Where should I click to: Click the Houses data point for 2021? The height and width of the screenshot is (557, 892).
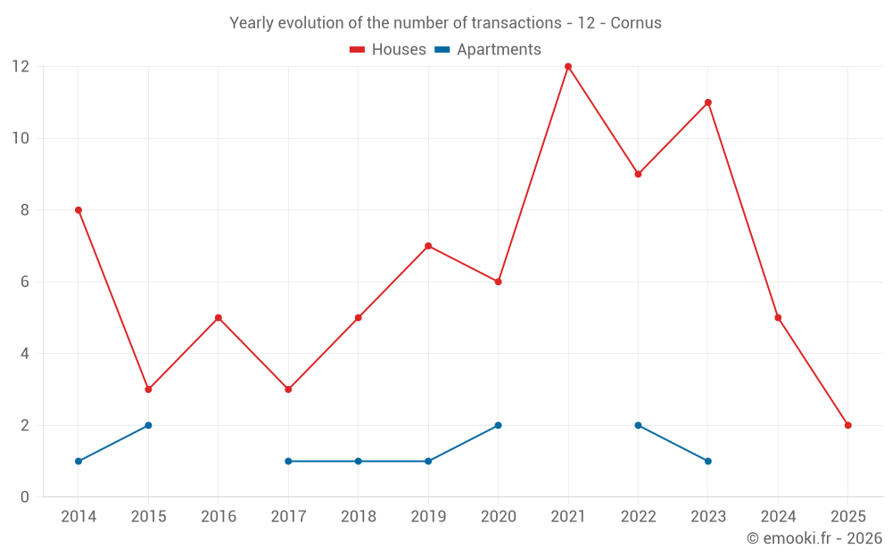tap(568, 67)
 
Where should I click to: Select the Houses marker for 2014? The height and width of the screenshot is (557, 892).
tap(78, 210)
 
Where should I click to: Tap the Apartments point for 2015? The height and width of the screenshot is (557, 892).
tap(148, 425)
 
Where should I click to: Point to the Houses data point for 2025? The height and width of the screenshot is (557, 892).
tap(847, 425)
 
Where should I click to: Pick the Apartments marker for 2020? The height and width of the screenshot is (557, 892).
tap(498, 425)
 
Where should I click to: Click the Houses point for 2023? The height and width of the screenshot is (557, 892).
tap(708, 102)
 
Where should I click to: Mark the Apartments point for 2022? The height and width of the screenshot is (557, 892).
tap(638, 425)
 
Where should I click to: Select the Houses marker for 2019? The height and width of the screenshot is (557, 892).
tap(428, 246)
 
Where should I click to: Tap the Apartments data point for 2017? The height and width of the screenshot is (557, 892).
tap(288, 461)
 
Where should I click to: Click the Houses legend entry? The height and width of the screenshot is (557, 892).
tap(388, 50)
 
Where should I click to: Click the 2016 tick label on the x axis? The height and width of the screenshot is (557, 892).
tap(219, 517)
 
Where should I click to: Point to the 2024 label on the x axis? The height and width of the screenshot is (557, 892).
tap(778, 517)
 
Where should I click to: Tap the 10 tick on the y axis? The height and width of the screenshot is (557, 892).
tap(20, 138)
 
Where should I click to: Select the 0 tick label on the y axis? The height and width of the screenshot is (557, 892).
tap(25, 497)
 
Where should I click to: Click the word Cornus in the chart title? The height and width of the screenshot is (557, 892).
tap(636, 23)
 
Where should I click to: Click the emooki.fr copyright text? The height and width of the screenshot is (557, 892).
tap(814, 538)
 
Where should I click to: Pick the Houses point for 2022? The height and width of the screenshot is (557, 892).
tap(638, 174)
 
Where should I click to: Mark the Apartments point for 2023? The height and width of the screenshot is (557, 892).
tap(708, 461)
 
